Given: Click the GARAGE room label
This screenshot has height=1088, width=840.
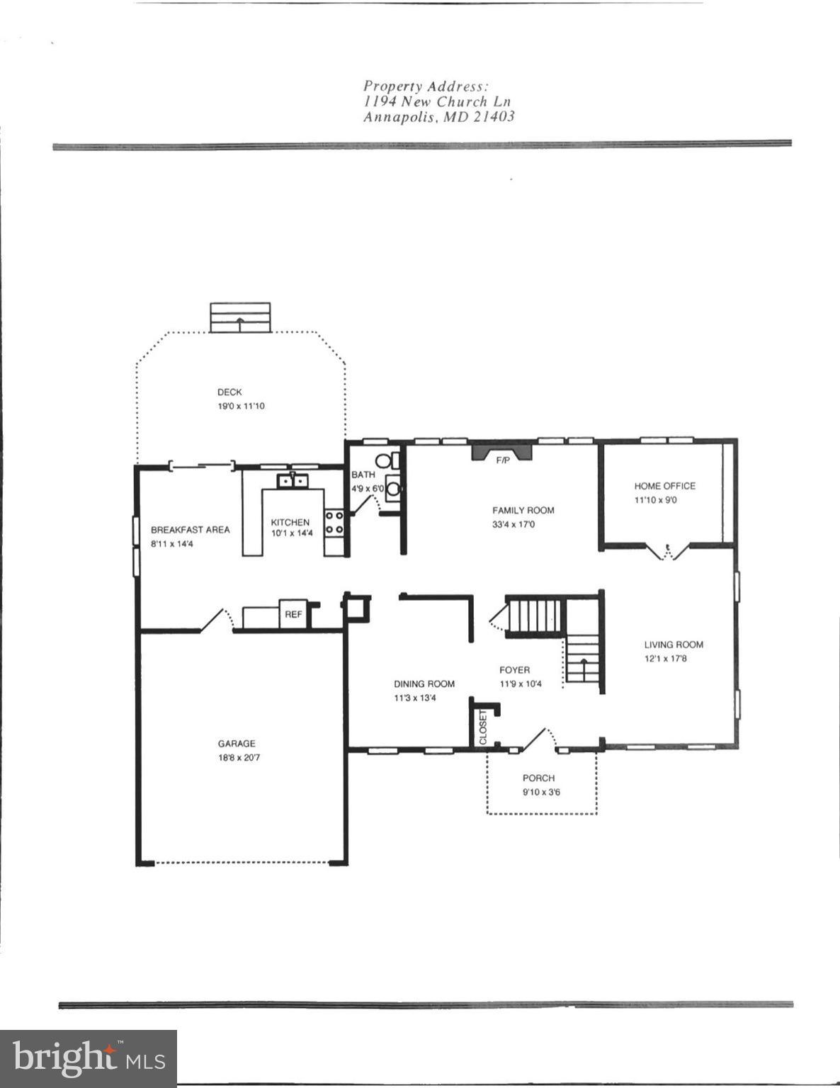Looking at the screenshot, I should click(237, 744).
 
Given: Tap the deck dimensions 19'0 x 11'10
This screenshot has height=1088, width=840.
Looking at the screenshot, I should click(241, 407).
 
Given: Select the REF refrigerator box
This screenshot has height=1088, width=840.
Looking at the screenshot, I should click(293, 615).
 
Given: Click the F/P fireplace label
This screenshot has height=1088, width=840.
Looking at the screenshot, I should click(502, 460).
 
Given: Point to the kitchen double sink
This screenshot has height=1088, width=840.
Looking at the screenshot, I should click(293, 481).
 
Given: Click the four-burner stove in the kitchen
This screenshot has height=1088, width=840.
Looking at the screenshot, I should click(334, 523).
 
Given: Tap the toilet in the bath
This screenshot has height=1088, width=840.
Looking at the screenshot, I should click(385, 461).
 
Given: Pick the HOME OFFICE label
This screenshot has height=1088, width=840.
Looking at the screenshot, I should click(664, 486).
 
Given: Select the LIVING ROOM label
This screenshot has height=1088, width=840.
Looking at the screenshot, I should click(674, 645).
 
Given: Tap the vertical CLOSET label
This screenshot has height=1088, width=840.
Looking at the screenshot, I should click(484, 727).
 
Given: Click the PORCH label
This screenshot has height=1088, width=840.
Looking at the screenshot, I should click(538, 778).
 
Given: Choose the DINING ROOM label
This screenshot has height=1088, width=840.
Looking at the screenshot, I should click(424, 684).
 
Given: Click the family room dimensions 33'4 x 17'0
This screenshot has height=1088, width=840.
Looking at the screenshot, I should click(523, 525).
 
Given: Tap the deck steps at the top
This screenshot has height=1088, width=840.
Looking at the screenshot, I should click(240, 317).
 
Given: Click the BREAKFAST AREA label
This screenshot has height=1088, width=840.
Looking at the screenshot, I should click(190, 530).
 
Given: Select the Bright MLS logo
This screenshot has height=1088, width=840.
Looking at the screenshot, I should click(88, 1058).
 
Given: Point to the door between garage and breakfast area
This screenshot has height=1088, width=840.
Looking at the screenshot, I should click(215, 618).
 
